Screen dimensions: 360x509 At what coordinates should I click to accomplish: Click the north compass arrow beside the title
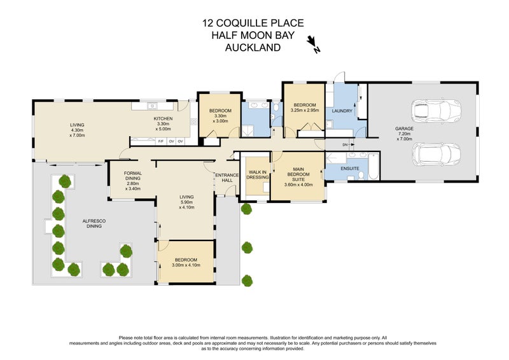point(312,44)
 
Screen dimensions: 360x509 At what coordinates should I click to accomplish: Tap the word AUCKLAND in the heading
point(253,47)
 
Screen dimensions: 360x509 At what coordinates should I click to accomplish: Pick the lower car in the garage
point(436,153)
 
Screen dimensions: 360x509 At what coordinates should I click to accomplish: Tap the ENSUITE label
point(350,169)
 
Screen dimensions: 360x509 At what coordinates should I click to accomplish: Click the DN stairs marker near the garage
point(344,144)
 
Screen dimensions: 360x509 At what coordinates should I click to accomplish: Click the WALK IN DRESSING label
point(257,174)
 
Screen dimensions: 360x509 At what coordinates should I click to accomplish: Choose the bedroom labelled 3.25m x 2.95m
point(303,107)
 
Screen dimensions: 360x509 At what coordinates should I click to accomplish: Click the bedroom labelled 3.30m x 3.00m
point(220,115)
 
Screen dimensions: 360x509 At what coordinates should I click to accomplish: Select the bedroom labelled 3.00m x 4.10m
point(186,262)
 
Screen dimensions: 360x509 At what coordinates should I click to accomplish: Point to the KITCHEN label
point(163,123)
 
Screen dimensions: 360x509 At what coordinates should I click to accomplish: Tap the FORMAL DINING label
point(133,181)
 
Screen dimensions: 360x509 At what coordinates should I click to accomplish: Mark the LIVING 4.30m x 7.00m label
point(77,129)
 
